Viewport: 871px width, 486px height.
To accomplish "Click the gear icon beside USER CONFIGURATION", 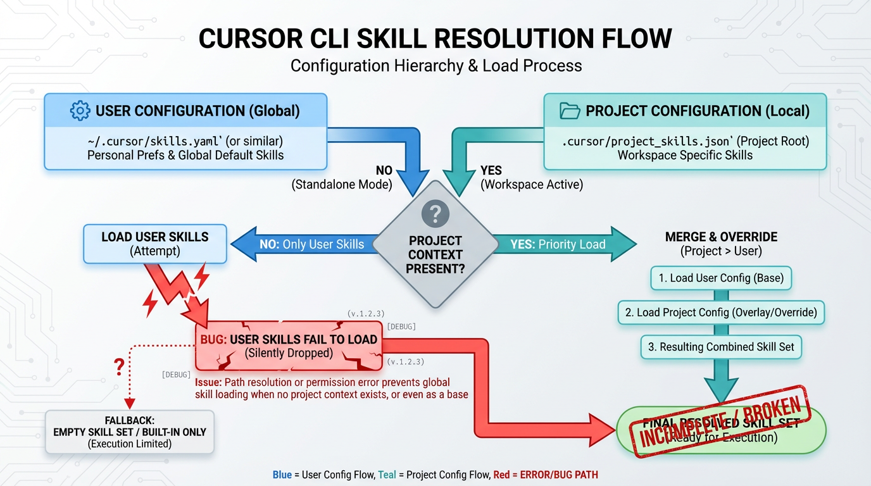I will point(80,111).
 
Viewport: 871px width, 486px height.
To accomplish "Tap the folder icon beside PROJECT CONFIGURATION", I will point(570,111).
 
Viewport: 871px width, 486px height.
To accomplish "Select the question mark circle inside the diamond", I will point(435,214).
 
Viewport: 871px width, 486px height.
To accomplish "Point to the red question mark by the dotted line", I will point(118,367).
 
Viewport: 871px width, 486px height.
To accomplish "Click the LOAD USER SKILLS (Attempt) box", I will point(155,244).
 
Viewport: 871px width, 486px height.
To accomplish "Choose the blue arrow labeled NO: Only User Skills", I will point(304,244).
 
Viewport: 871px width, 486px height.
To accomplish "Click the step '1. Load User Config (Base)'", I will point(721,278).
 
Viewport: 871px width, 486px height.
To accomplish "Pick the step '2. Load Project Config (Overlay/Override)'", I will point(721,312).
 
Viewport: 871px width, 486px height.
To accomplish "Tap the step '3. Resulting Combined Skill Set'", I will point(721,347).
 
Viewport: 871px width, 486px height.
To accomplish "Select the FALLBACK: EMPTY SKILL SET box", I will point(129,432).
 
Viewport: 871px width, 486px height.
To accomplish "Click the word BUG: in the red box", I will point(213,340).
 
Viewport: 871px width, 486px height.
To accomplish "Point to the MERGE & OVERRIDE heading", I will point(721,237).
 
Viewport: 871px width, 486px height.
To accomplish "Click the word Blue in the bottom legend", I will point(282,475).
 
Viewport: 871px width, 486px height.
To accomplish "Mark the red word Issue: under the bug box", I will point(208,383).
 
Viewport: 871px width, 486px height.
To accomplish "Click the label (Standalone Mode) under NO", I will point(341,185).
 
